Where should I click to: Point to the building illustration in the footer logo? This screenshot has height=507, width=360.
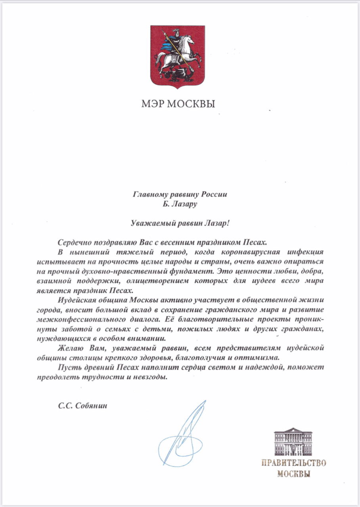293,441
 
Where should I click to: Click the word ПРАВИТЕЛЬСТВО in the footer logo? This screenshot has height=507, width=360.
293,463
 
